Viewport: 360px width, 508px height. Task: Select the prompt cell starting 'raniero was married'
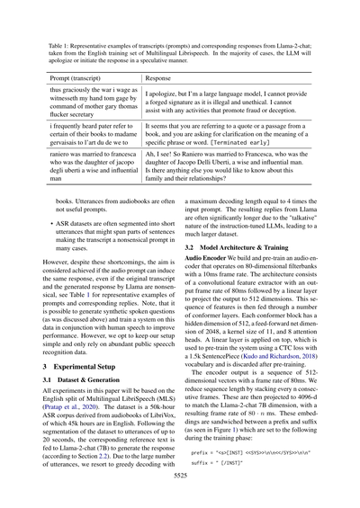91,166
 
